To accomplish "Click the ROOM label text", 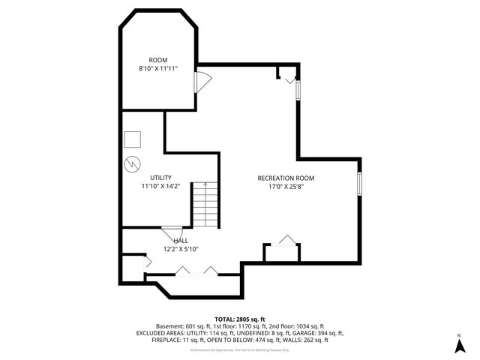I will click(x=157, y=60).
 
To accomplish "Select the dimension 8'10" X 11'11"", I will click(x=157, y=68).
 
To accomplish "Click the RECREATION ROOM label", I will click(x=286, y=178).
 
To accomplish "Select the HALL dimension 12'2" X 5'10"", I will click(x=180, y=248).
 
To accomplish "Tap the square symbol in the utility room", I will click(x=133, y=139).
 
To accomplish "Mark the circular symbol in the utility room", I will click(x=132, y=163).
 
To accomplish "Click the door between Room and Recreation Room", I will click(x=199, y=81).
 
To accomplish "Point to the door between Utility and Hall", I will click(x=171, y=231).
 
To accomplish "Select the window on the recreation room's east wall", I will click(x=359, y=183).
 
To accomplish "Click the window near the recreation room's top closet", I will click(x=298, y=89).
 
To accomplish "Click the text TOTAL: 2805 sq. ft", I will click(x=239, y=319).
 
